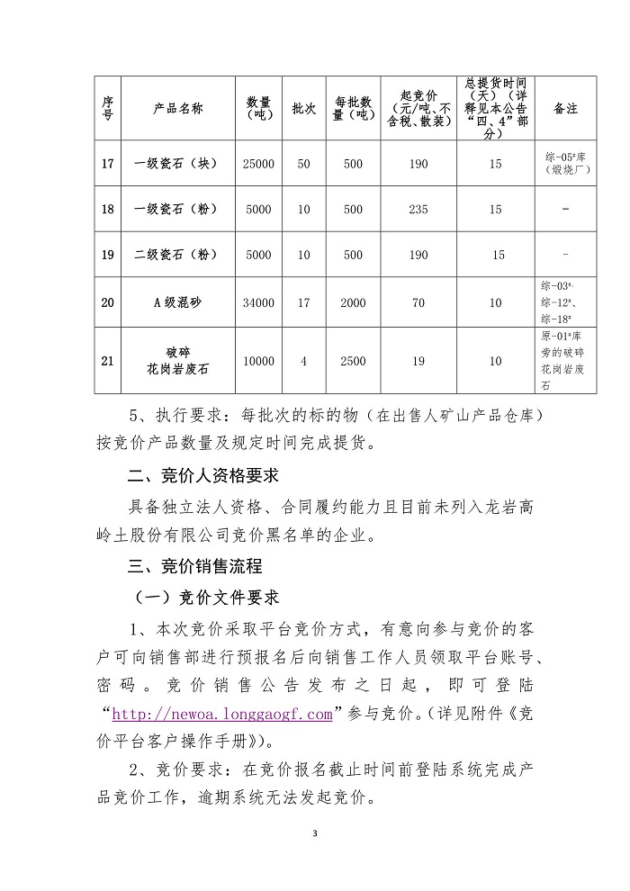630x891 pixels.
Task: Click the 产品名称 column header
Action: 177,107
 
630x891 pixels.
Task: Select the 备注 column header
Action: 565,107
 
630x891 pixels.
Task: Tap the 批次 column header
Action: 303,107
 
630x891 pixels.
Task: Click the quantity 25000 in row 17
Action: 258,164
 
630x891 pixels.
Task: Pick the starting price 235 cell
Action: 418,209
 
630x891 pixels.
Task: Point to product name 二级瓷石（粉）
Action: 177,255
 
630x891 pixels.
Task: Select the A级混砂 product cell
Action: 177,302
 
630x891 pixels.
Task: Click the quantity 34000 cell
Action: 258,302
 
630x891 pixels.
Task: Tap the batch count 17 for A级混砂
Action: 303,302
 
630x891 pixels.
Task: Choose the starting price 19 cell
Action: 418,361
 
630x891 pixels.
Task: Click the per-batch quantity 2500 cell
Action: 353,361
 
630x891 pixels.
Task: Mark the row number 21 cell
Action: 108,361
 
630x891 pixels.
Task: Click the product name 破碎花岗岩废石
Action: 177,361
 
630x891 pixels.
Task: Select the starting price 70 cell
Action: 418,302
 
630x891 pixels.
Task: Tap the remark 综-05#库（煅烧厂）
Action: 565,163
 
